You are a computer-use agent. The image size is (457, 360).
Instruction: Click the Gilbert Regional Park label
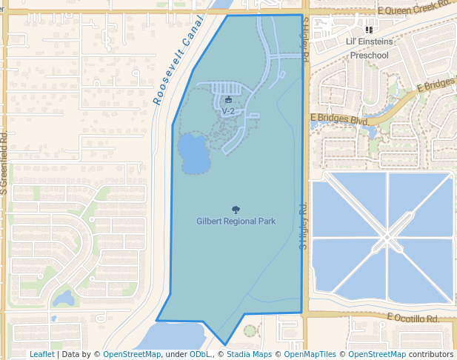pyautogui.click(x=236, y=221)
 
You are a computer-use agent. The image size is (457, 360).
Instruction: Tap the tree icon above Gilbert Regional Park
pyautogui.click(x=236, y=210)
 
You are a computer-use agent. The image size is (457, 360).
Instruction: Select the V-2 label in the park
pyautogui.click(x=228, y=111)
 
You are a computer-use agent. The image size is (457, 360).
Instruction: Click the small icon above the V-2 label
pyautogui.click(x=228, y=100)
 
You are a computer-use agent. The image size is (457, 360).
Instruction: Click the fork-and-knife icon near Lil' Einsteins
pyautogui.click(x=369, y=30)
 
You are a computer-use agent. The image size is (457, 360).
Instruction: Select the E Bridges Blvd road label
pyautogui.click(x=339, y=119)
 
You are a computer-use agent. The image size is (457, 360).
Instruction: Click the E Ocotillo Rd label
pyautogui.click(x=413, y=319)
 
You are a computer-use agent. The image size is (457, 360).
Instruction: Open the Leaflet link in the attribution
pyautogui.click(x=41, y=355)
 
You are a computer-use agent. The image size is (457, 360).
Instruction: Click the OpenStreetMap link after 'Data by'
pyautogui.click(x=132, y=355)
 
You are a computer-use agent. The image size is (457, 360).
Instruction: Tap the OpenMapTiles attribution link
pyautogui.click(x=310, y=355)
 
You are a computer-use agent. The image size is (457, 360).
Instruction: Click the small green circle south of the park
pyautogui.click(x=250, y=330)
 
